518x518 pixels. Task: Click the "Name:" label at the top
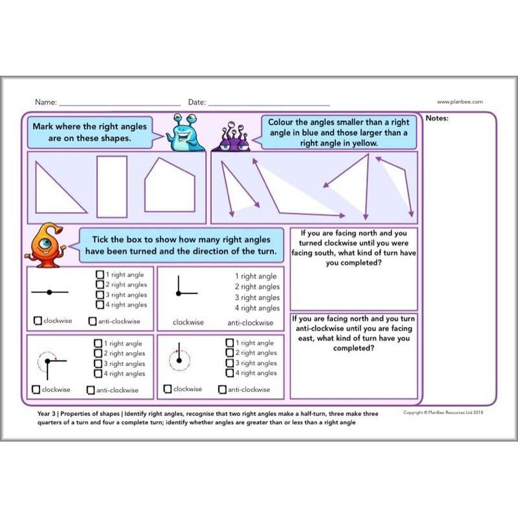click(x=45, y=102)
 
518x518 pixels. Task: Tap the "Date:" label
click(x=197, y=102)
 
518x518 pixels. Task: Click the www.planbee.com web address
click(x=460, y=101)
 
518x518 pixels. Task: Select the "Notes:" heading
click(x=438, y=118)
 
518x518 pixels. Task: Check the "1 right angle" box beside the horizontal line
click(x=99, y=275)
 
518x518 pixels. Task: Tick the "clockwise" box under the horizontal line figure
click(x=38, y=321)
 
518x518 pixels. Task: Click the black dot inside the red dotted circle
click(x=177, y=358)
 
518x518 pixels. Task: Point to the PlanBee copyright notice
click(x=443, y=412)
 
